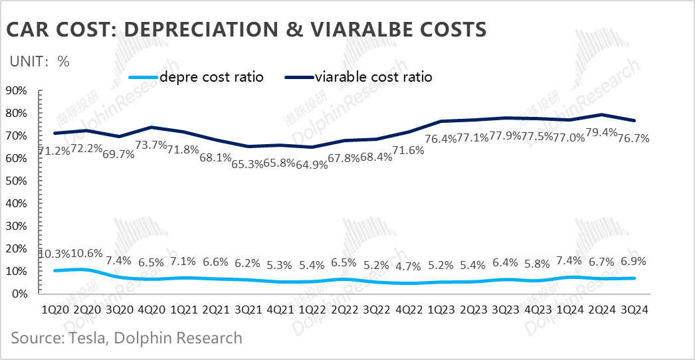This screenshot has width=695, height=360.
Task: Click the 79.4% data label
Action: (602, 139)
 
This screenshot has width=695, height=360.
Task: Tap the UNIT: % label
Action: (40, 61)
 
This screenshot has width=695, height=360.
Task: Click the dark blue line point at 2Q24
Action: (601, 115)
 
